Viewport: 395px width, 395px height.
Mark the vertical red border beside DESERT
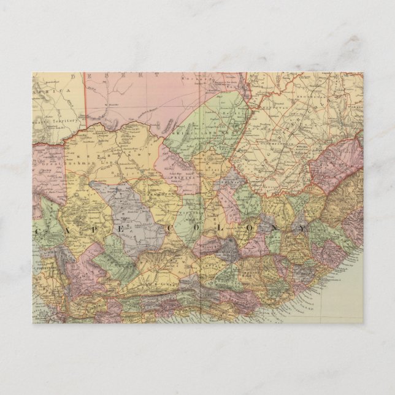click(x=84, y=98)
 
